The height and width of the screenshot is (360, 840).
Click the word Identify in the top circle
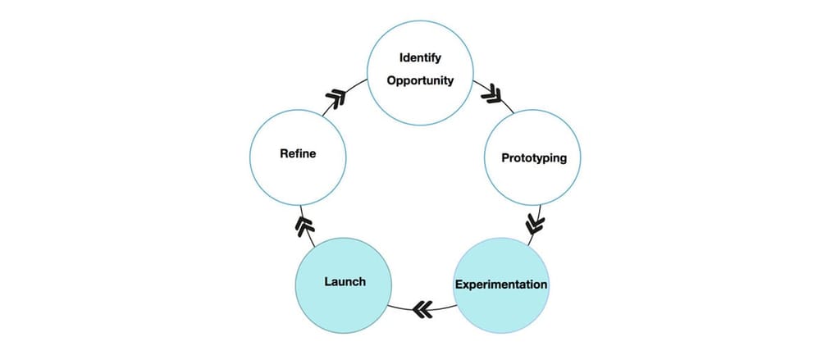coord(420,58)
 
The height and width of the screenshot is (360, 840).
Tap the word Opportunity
coord(420,81)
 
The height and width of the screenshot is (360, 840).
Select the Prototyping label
coord(534,157)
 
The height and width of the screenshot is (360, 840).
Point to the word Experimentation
coord(500,285)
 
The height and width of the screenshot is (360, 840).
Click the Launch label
coord(345,281)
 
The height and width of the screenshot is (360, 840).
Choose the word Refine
coord(298,153)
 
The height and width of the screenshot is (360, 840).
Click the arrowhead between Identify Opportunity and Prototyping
coord(492,94)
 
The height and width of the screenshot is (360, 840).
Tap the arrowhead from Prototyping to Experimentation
coord(534,222)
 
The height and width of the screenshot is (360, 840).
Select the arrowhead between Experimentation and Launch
coord(422,309)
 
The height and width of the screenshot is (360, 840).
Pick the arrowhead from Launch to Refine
coord(304,225)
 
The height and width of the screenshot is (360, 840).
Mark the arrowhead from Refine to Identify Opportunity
coord(336,99)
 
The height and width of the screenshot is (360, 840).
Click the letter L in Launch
coord(327,281)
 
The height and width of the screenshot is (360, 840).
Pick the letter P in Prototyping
coord(505,157)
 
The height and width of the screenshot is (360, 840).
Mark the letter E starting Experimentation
coord(459,285)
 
